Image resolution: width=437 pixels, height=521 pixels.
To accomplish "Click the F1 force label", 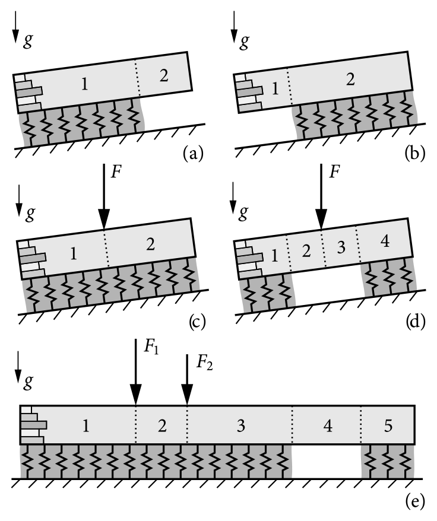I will tap(151, 347).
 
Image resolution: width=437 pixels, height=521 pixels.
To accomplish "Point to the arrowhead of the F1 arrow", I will tap(136, 393).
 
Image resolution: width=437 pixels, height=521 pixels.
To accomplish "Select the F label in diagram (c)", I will tap(116, 172).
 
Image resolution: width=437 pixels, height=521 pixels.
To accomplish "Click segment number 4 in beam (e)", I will tap(326, 425).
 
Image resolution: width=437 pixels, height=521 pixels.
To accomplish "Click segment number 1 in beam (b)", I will tap(274, 90).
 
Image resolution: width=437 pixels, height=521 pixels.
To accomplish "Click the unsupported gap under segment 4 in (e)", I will tap(326, 462).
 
